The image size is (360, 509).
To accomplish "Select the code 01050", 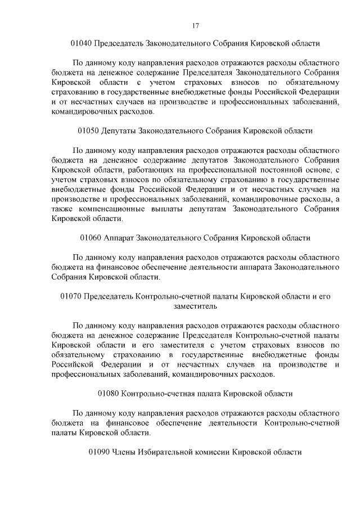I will click(x=88, y=130).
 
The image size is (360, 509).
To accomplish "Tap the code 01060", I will click(x=91, y=238).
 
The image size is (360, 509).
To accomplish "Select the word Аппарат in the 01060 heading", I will click(x=119, y=238).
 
